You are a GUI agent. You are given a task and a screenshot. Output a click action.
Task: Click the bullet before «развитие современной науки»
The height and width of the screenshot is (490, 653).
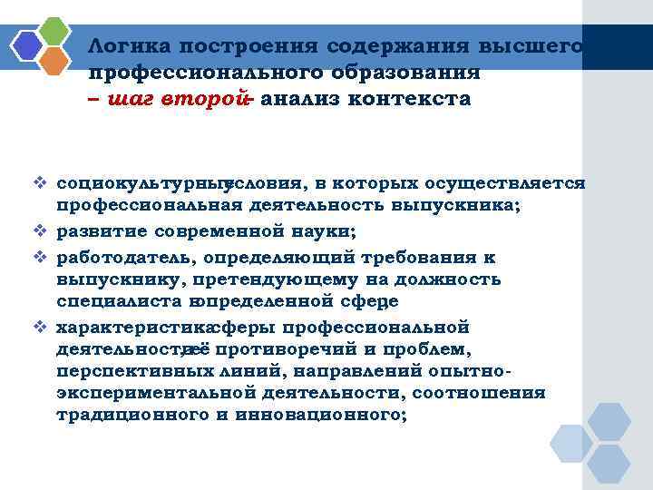[43, 230]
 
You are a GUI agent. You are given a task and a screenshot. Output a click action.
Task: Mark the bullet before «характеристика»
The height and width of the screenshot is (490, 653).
[43, 325]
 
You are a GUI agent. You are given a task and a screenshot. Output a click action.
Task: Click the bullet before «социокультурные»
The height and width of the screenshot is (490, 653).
[43, 183]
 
